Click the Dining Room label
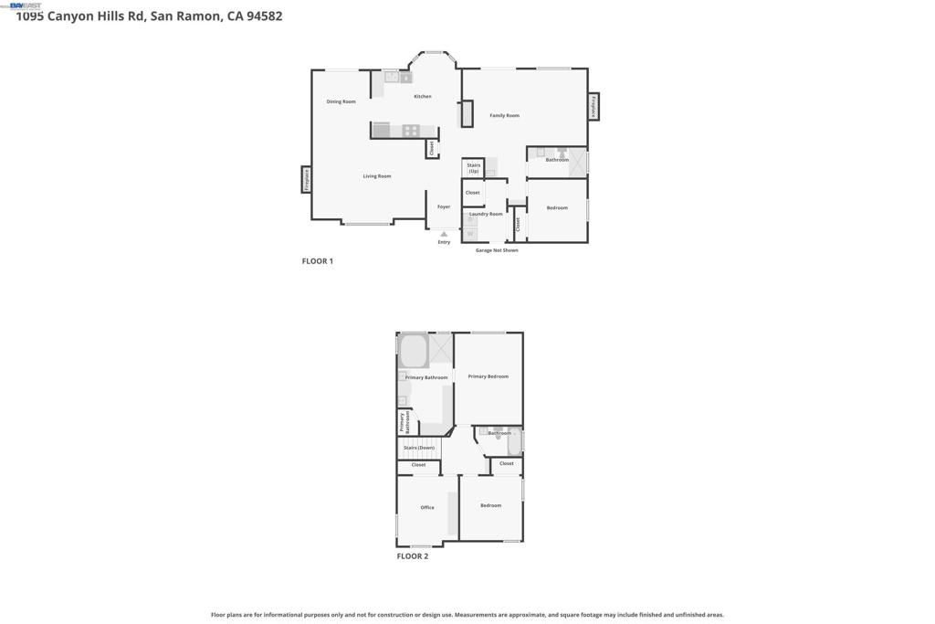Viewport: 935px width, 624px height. [x=341, y=101]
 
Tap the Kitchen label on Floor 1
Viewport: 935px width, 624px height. [x=422, y=96]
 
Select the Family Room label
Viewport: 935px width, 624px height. [x=504, y=115]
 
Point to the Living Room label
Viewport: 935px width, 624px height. [x=376, y=175]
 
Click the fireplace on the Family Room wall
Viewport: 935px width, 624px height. [x=594, y=107]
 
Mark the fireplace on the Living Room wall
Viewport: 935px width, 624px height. [x=307, y=179]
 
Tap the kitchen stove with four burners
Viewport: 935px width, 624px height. [x=411, y=131]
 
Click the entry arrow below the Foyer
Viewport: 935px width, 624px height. [x=444, y=234]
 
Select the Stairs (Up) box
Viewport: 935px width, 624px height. [x=473, y=168]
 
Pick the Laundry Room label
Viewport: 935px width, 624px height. [x=486, y=214]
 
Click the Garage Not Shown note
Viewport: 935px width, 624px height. [x=497, y=250]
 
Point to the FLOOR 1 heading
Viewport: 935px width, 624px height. [x=318, y=261]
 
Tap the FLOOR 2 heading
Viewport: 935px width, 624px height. [x=412, y=555]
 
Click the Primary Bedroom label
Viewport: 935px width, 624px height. [x=488, y=376]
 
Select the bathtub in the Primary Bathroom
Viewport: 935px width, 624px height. [x=414, y=351]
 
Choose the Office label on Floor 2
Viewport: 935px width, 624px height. [x=426, y=507]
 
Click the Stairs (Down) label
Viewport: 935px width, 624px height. [x=419, y=448]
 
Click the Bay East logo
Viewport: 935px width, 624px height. [x=25, y=5]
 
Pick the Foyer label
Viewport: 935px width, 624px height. [x=444, y=206]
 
